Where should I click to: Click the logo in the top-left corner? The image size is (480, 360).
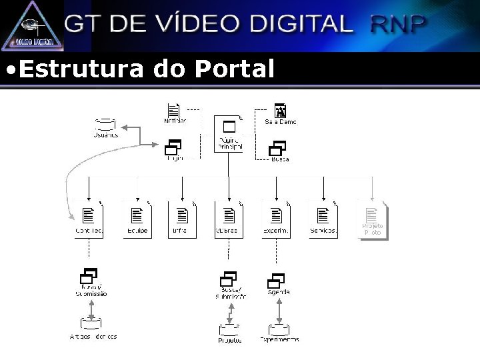(x=32, y=25)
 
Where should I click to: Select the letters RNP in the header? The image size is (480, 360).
(x=398, y=24)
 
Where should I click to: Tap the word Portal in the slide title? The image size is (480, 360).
(x=234, y=68)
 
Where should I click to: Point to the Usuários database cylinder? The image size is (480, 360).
(x=105, y=124)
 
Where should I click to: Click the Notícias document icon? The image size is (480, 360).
(x=175, y=111)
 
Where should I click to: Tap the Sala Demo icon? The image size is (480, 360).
(x=280, y=111)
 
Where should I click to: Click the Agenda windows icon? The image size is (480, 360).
(x=277, y=281)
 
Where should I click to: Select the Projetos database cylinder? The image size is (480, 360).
(x=229, y=329)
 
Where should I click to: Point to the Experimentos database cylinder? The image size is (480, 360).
(x=279, y=329)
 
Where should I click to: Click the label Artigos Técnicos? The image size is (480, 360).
(x=93, y=337)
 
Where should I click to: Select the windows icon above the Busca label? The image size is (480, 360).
(x=277, y=149)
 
